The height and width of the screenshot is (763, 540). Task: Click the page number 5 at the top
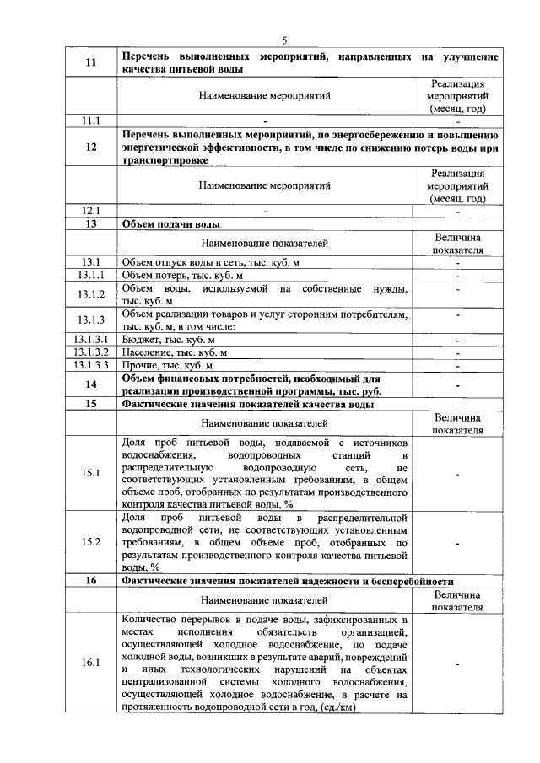click(284, 40)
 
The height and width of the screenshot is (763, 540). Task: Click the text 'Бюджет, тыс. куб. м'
click(169, 339)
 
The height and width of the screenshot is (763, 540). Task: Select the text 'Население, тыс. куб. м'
click(175, 352)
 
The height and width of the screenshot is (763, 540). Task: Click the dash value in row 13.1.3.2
click(457, 352)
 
